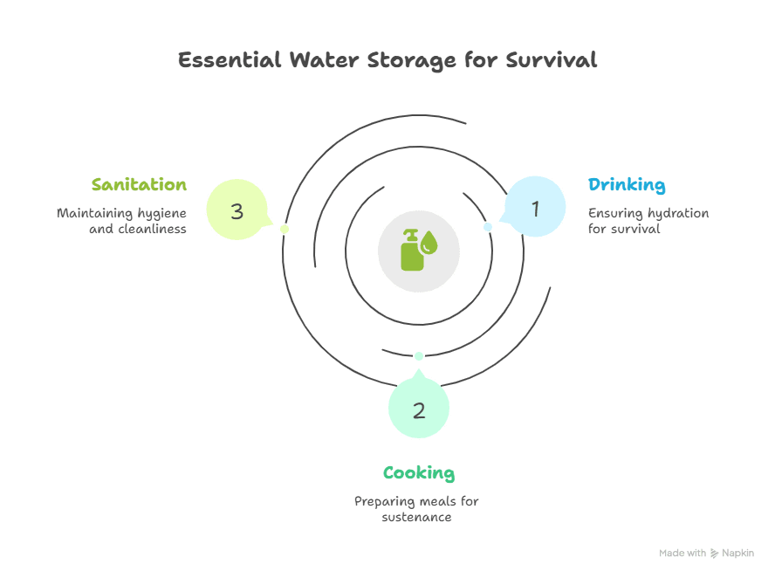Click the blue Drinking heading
click(x=627, y=185)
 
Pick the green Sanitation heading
click(x=139, y=185)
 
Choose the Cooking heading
click(x=419, y=473)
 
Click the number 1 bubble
click(x=536, y=208)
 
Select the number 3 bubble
click(x=237, y=210)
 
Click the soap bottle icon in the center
click(x=409, y=251)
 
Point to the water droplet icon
click(x=428, y=244)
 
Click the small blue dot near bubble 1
click(x=488, y=227)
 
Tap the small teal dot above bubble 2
click(x=419, y=355)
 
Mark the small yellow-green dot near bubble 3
click(x=285, y=229)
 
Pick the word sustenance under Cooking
click(x=417, y=517)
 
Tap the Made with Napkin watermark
click(x=706, y=554)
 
